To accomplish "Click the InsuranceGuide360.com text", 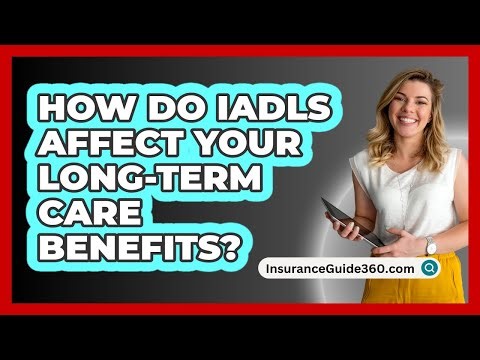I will click(339, 268).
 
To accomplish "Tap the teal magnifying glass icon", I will click(429, 268).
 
